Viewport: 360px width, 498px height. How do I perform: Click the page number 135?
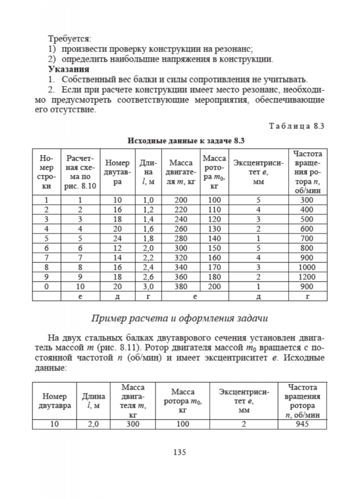point(179,453)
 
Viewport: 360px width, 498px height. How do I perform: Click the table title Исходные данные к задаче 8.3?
point(179,140)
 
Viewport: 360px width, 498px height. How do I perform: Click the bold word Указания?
point(69,69)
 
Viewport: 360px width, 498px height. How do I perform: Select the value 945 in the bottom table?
point(302,424)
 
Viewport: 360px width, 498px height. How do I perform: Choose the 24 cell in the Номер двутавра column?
point(118,239)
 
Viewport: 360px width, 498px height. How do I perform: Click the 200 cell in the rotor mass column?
point(214,287)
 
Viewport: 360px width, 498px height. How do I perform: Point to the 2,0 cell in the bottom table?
point(93,424)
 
